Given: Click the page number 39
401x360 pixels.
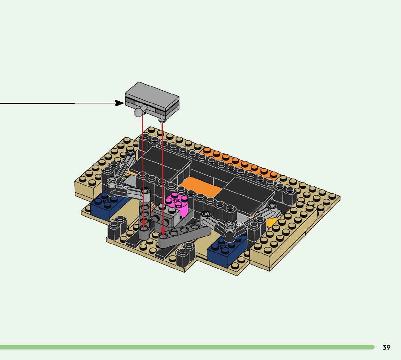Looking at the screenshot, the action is [386, 347].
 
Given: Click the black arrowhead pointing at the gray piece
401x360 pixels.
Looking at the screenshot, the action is [119, 103].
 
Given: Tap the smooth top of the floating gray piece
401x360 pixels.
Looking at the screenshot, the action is [152, 95].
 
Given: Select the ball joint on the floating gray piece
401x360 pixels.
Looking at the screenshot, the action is [139, 112].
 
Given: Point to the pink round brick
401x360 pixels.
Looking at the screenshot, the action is [177, 204].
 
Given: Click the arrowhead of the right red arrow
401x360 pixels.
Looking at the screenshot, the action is [163, 232].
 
